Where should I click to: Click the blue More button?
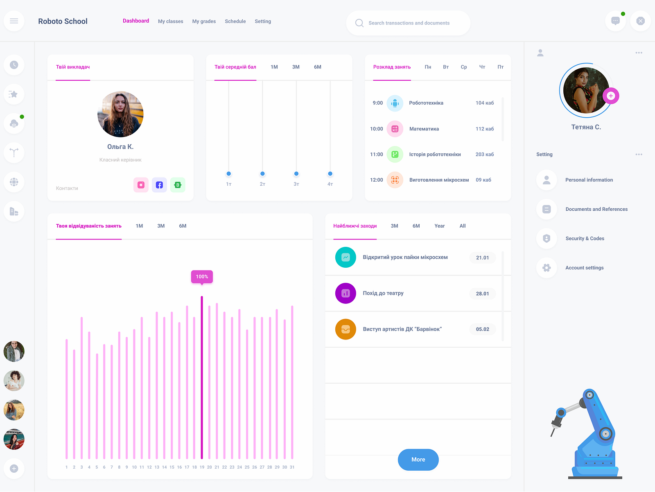[x=418, y=460]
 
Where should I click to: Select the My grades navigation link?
[x=204, y=21]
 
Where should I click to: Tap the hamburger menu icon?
[x=14, y=21]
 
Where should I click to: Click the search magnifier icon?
[x=359, y=23]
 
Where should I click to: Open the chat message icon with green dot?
[x=615, y=21]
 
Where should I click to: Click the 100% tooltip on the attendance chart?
[x=202, y=277]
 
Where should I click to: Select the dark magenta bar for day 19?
[x=202, y=377]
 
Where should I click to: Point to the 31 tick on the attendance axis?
[x=292, y=467]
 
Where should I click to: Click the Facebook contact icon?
[x=159, y=185]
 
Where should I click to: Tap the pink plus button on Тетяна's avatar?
[x=611, y=96]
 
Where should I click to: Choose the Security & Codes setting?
[x=585, y=239]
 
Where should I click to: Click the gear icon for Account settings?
[x=547, y=268]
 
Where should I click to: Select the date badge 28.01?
[x=482, y=294]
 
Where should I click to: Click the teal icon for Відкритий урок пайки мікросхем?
[x=346, y=257]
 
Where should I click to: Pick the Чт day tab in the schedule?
[x=482, y=67]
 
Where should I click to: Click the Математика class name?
[x=424, y=129]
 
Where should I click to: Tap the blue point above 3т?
[x=296, y=174]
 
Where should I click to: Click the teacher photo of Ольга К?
[x=120, y=114]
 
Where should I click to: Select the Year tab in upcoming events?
[x=439, y=226]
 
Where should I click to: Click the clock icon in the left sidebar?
[x=14, y=65]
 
